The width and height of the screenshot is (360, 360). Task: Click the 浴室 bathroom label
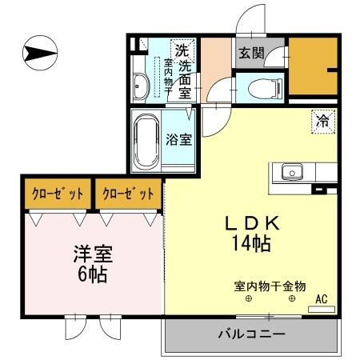tap(178, 139)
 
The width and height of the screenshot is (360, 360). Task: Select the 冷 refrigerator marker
tap(322, 122)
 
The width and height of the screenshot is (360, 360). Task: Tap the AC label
tap(322, 299)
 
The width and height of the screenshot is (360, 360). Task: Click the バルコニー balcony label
tap(252, 334)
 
